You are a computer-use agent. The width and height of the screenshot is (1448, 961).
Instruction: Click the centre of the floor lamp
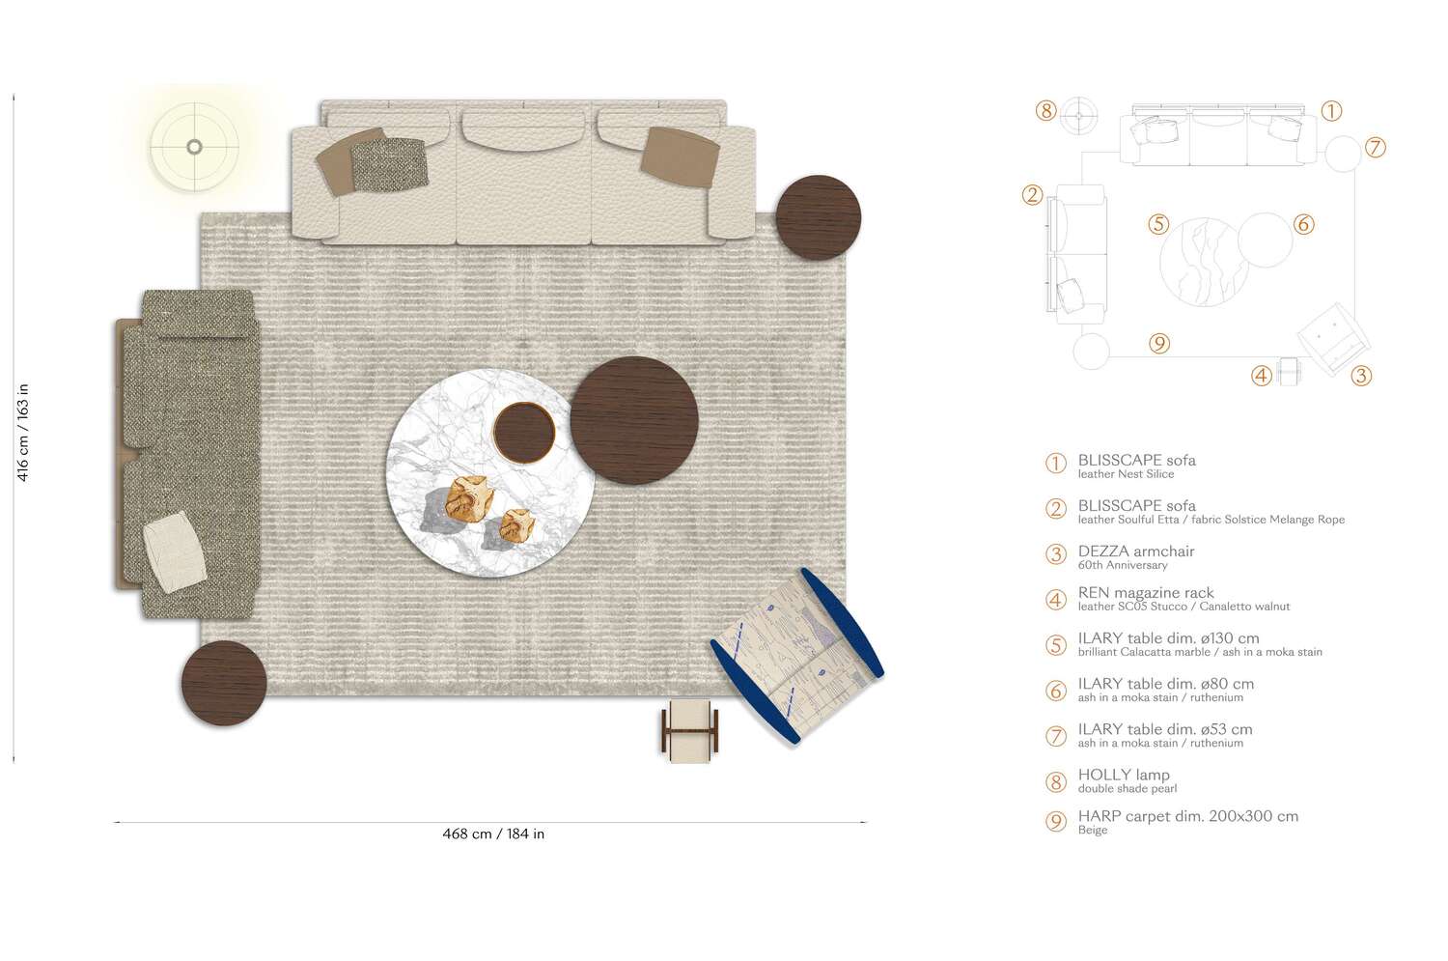coord(194,147)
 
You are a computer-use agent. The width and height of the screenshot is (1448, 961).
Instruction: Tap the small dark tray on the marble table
coord(523,433)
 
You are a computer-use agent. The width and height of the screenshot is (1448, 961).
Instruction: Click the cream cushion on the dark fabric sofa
coord(175,552)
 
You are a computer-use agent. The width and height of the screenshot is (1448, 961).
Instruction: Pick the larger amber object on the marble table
coord(470,498)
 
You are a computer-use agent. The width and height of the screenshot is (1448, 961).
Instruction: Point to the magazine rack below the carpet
coord(690,730)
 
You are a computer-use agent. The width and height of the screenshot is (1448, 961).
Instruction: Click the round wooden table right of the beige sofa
coord(819,217)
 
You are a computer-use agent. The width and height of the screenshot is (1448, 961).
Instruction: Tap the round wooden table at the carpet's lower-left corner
coord(224,683)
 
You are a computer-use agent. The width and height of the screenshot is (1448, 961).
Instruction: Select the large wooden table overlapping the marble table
coord(634,420)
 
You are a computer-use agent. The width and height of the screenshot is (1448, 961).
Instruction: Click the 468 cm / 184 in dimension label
coord(493,834)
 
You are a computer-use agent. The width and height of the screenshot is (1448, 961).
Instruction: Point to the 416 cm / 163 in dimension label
coord(22,432)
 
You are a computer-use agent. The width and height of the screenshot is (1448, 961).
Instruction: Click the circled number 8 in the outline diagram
coord(1045,110)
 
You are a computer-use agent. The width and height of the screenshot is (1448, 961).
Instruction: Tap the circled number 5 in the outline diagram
coord(1158,224)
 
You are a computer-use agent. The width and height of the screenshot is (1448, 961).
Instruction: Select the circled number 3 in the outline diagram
coord(1361,375)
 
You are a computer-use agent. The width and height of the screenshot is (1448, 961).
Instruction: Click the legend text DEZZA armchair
coord(1136,551)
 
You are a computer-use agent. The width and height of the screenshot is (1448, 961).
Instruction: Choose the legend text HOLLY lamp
coord(1124,775)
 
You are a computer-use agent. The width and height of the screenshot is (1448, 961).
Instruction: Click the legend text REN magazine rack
coord(1146,592)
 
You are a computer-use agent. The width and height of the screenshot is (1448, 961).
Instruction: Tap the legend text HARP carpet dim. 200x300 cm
coord(1188,816)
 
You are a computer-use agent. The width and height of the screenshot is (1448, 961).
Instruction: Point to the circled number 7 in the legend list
coord(1056,736)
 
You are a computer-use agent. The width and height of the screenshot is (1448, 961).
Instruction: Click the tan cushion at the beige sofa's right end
coord(680,157)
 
